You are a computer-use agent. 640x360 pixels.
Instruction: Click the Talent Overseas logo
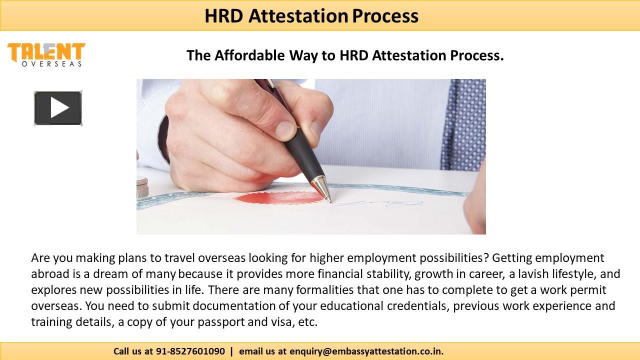point(46,54)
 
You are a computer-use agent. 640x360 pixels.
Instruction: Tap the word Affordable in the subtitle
point(250,55)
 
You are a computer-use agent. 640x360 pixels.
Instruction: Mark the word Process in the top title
point(385,16)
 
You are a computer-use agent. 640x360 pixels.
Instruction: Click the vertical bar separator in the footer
point(231,351)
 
